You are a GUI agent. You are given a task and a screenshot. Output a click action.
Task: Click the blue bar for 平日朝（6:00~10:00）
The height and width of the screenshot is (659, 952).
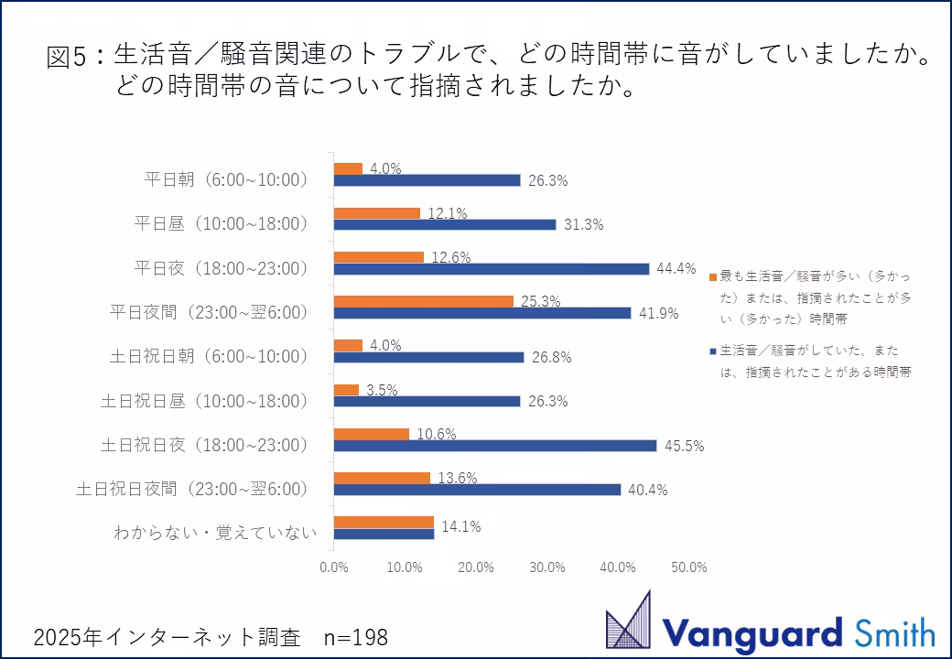[x=427, y=180]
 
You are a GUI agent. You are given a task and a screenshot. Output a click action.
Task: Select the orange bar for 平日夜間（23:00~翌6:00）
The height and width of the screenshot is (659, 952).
[x=423, y=300]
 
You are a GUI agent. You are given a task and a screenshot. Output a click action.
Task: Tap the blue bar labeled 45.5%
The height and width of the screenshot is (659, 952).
[x=495, y=445]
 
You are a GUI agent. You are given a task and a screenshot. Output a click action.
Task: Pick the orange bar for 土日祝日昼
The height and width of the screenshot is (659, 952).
[x=346, y=389]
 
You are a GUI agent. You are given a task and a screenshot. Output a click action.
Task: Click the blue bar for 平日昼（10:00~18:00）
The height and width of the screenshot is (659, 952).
[x=445, y=224]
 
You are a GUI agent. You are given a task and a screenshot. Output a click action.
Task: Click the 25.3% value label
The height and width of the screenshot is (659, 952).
[x=540, y=301]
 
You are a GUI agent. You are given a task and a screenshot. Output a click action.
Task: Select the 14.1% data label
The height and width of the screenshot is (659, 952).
[x=461, y=526]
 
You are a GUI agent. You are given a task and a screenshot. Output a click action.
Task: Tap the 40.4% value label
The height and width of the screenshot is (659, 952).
[x=648, y=490]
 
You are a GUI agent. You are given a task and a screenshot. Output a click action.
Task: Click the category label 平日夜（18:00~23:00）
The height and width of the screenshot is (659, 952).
[x=221, y=268]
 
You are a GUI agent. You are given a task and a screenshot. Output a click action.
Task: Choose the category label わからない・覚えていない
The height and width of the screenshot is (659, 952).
[x=215, y=533]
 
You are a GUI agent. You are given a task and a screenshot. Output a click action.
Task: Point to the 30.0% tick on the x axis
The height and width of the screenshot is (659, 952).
[x=547, y=567]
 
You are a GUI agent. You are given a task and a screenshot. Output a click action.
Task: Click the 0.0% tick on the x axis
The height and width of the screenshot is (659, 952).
[x=334, y=567]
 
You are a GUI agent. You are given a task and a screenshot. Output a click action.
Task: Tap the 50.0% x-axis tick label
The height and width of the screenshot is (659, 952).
[x=689, y=567]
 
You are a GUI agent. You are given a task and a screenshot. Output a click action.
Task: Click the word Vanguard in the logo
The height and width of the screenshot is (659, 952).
[x=752, y=632]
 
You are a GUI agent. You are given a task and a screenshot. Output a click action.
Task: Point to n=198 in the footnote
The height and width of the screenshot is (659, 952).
[x=356, y=637]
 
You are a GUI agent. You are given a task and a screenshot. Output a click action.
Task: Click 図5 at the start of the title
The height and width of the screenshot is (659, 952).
[x=70, y=57]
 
